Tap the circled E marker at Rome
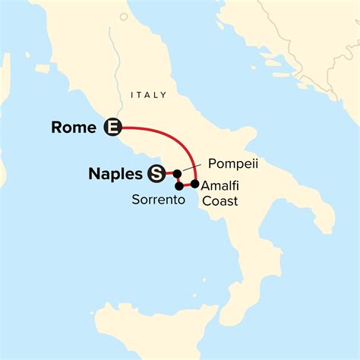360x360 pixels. click(112, 128)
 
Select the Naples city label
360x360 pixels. click(115, 174)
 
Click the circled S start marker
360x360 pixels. click(156, 174)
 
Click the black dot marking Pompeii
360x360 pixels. click(176, 174)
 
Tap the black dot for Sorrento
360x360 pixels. click(178, 186)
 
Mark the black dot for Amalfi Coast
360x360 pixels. click(195, 184)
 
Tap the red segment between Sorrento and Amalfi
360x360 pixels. click(187, 185)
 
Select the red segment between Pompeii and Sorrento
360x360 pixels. click(177, 180)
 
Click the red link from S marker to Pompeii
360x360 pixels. click(168, 174)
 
